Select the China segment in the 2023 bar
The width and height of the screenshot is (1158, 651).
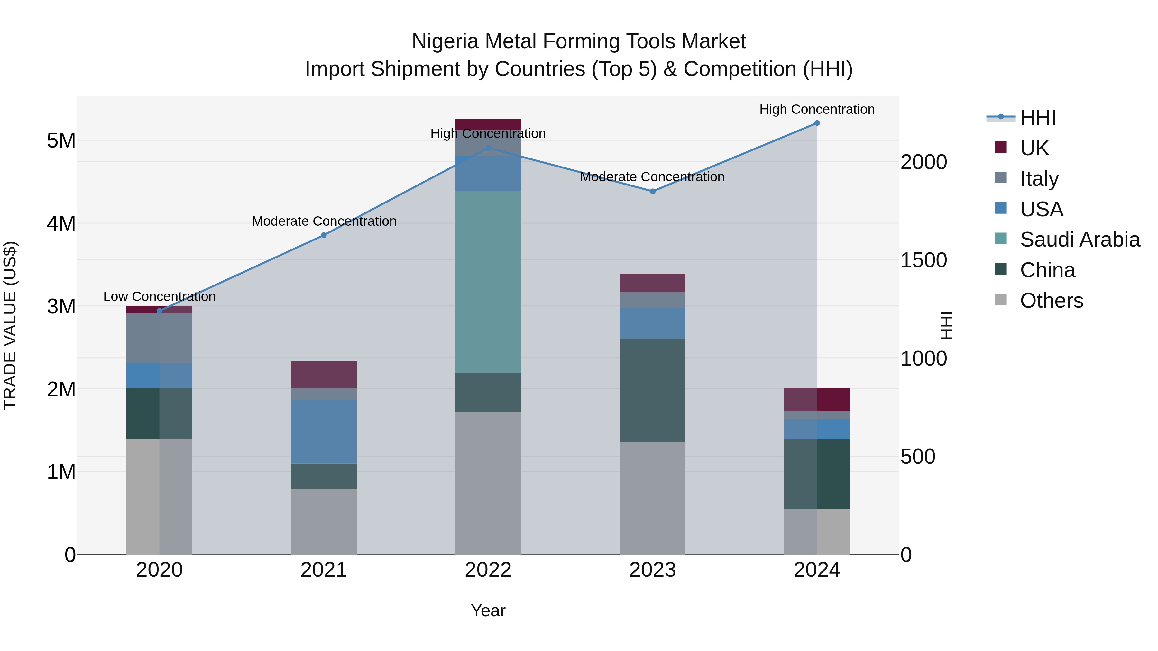652,390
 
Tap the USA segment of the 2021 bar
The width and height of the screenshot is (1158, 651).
324,431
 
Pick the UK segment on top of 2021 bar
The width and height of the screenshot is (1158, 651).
324,374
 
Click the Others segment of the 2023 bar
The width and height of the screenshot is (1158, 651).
652,498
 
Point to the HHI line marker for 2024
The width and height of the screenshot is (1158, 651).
817,123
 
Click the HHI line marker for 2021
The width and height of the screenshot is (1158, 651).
324,235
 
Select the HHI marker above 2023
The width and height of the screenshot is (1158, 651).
653,191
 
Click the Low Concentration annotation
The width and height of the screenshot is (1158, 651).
159,296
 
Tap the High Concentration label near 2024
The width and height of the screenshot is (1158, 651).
817,109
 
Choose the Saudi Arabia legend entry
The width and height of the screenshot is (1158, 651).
1079,240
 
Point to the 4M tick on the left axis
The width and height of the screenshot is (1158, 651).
61,223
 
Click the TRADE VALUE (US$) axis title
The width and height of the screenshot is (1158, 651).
10,325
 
